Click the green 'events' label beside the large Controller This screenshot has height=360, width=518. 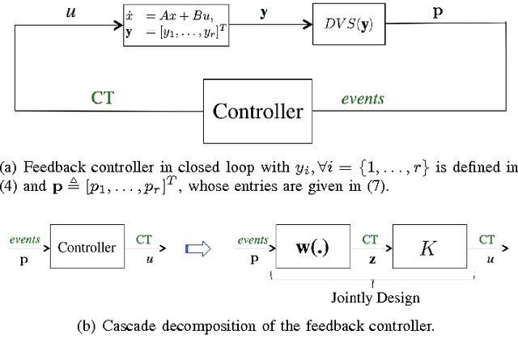point(362,99)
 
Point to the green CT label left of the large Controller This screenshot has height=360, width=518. point(102,98)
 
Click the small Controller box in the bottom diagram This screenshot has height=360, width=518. point(86,248)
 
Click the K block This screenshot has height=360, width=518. point(428,248)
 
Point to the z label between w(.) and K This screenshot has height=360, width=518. point(368,260)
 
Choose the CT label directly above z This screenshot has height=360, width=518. point(369,239)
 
